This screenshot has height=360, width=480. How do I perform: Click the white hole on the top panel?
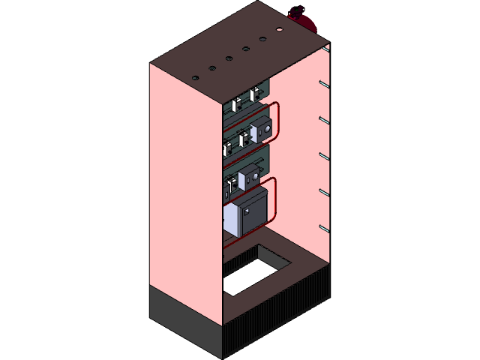[x=279, y=31]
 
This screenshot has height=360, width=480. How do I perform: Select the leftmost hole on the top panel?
[x=195, y=78]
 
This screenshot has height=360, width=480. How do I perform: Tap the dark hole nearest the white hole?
[x=262, y=39]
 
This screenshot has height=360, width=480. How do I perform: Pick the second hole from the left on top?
[x=211, y=68]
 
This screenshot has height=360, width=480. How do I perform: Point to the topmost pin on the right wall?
[x=323, y=83]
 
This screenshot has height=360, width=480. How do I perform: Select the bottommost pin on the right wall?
[x=323, y=227]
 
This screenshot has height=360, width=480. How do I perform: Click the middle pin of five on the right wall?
[x=323, y=155]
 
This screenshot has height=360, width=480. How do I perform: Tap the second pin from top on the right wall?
[x=323, y=119]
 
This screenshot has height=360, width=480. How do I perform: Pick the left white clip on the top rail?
[x=235, y=103]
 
